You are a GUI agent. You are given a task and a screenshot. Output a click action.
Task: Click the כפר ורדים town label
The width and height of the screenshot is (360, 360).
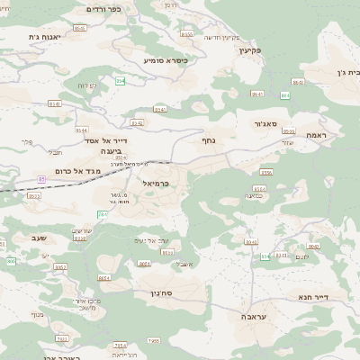(103, 8)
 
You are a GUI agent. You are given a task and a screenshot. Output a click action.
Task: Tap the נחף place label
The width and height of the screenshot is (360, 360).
(206, 139)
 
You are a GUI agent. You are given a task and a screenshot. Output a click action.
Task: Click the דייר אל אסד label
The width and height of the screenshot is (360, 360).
(111, 140)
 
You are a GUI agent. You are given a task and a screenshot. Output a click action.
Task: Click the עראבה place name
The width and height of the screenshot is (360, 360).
(253, 317)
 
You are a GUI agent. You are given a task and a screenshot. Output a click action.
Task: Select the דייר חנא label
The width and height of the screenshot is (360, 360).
(314, 296)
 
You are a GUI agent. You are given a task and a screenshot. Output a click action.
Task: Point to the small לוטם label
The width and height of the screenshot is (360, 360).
(304, 256)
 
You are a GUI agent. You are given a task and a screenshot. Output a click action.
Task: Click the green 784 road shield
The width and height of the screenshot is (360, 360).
(103, 214)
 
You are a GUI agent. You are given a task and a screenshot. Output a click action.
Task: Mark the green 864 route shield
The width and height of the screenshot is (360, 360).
(285, 94)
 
